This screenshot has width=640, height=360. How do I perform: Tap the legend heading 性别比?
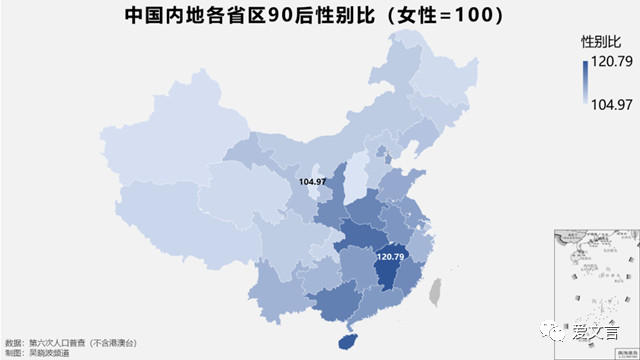click(x=600, y=43)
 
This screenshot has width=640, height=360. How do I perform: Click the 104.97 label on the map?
click(x=312, y=182)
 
